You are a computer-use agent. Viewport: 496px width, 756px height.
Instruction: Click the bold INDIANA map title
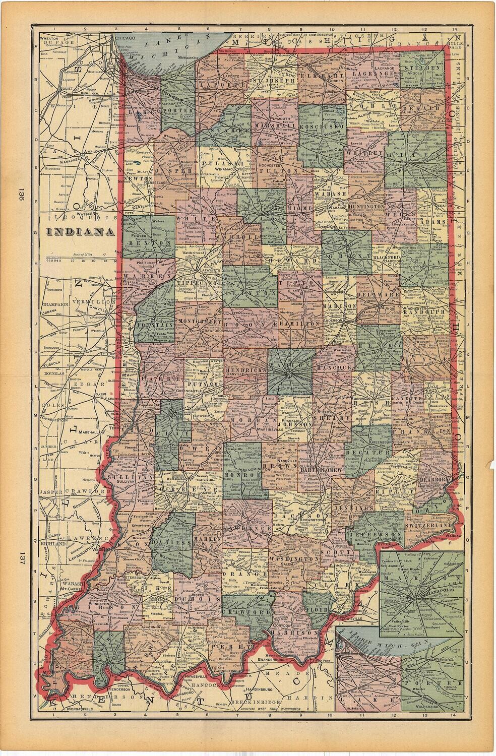80,232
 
